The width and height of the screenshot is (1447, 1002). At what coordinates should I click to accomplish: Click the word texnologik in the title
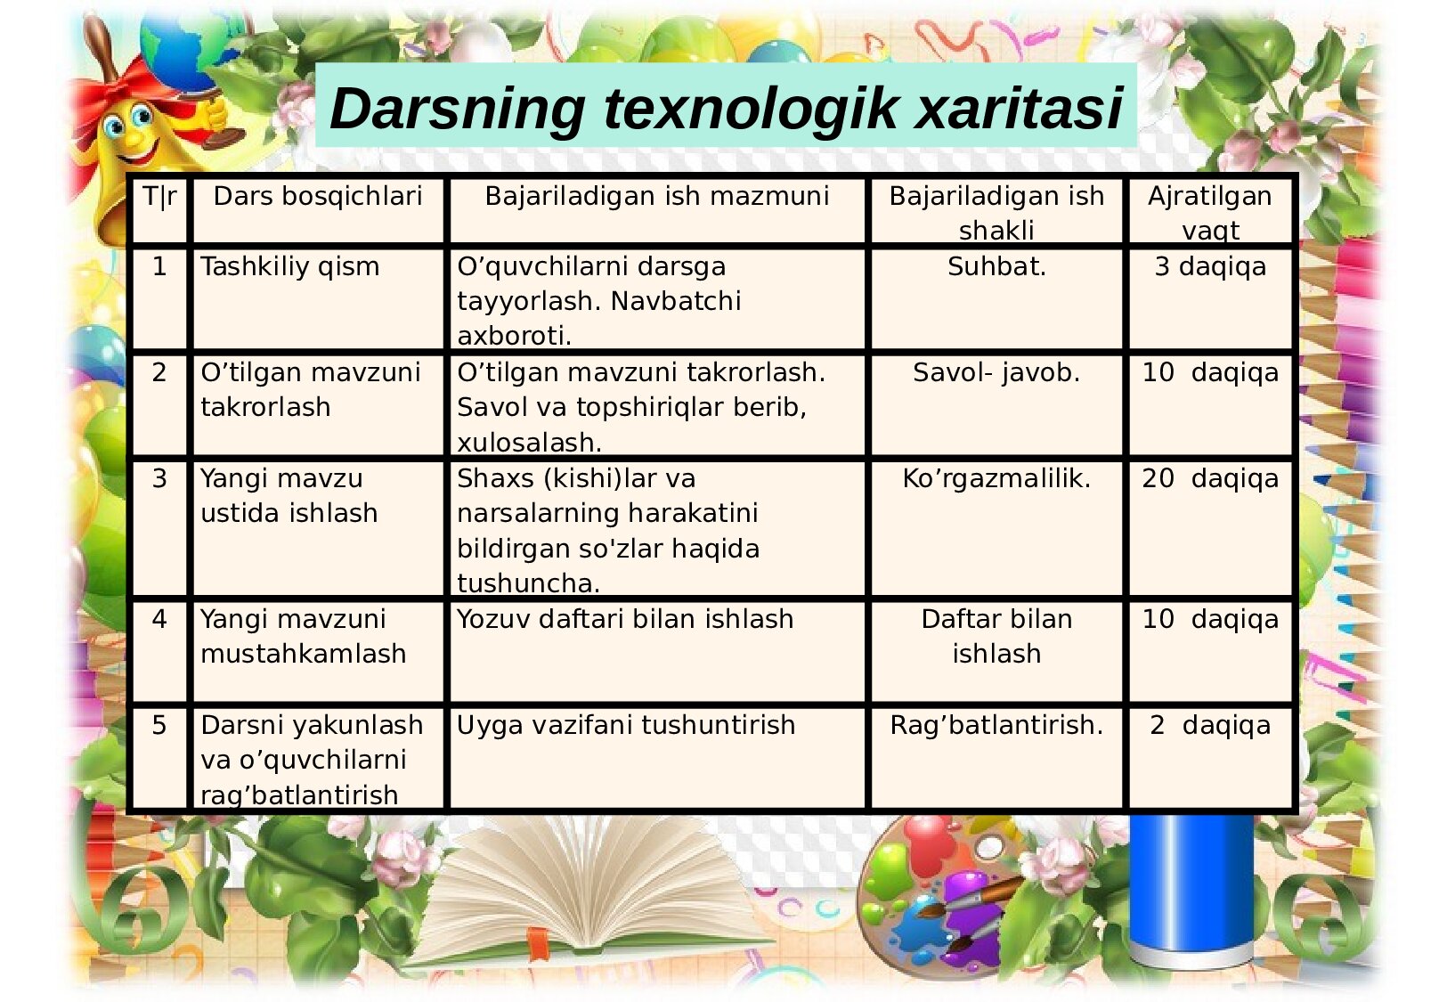pyautogui.click(x=750, y=108)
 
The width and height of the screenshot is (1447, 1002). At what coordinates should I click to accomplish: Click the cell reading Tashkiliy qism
pyautogui.click(x=290, y=267)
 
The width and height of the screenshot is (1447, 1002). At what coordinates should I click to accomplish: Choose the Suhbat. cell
pyautogui.click(x=996, y=266)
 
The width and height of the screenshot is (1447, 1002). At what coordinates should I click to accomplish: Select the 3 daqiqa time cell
pyautogui.click(x=1210, y=267)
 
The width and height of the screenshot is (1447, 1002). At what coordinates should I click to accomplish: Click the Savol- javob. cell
pyautogui.click(x=996, y=373)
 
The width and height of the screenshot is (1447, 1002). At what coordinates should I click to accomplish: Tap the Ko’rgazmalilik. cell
pyautogui.click(x=996, y=478)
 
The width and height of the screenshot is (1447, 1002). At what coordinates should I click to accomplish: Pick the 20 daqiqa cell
pyautogui.click(x=1210, y=478)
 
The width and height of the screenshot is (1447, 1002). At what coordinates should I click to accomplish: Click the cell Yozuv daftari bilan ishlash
pyautogui.click(x=625, y=619)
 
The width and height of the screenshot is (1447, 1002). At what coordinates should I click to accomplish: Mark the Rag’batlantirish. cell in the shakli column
pyautogui.click(x=996, y=726)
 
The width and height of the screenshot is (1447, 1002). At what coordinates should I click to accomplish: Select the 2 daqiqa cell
pyautogui.click(x=1210, y=726)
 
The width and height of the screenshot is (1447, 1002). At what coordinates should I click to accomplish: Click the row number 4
pyautogui.click(x=159, y=619)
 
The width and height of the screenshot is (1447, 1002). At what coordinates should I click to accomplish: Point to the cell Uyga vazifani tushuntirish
pyautogui.click(x=626, y=726)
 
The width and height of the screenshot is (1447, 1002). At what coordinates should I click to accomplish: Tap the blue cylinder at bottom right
pyautogui.click(x=1191, y=892)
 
